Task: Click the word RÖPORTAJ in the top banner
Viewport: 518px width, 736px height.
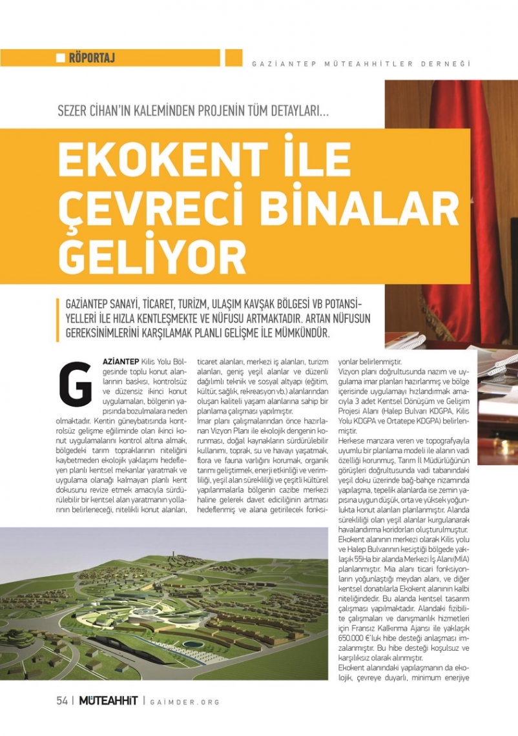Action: pos(92,58)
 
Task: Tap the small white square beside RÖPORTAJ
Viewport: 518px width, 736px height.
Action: pos(61,58)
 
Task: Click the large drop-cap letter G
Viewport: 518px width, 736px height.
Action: pos(75,382)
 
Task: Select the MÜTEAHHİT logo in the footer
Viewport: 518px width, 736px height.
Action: pos(109,701)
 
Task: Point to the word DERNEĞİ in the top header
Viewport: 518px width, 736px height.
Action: pos(447,64)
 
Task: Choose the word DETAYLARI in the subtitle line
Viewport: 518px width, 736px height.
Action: pos(301,110)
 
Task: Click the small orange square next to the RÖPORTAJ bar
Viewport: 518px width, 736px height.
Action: pos(233,57)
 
